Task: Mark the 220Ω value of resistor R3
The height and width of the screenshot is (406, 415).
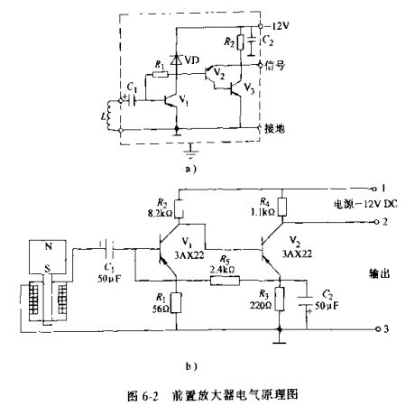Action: pos(264,305)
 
